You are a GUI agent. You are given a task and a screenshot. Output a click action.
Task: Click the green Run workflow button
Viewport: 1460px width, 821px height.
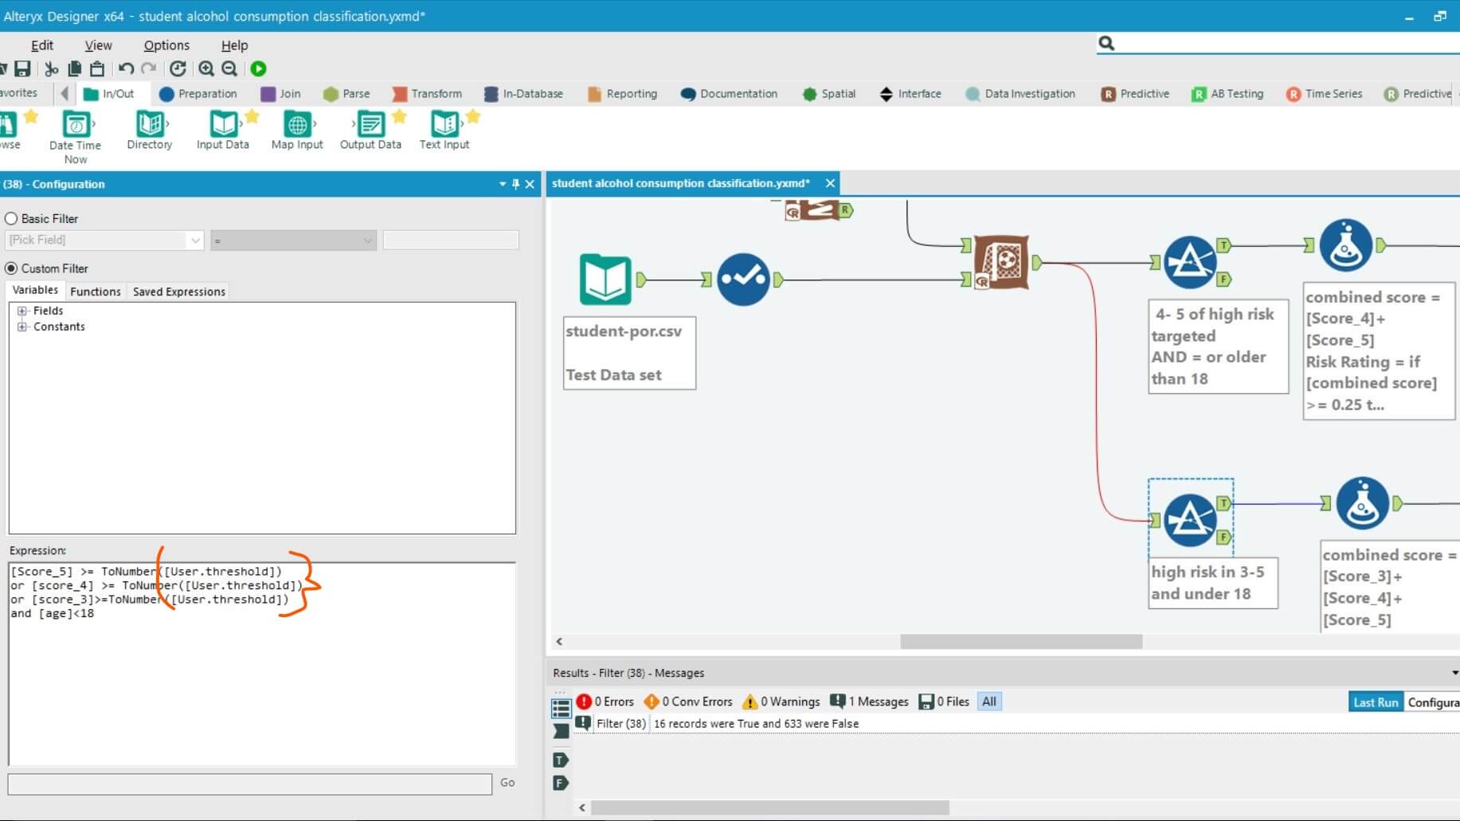tap(258, 69)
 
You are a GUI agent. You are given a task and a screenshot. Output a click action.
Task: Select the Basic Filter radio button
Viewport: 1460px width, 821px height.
tap(11, 219)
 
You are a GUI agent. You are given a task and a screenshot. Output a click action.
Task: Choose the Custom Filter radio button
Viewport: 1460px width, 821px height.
tap(11, 269)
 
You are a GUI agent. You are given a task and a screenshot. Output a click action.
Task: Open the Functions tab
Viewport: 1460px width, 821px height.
tap(96, 291)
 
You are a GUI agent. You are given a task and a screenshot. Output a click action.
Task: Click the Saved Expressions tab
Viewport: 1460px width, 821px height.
tap(178, 291)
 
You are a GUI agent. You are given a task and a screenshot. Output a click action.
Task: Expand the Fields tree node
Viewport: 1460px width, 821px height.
tap(22, 311)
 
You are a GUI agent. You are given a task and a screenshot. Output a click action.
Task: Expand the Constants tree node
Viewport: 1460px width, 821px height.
tap(22, 327)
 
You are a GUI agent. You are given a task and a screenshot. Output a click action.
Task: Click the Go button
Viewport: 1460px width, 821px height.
tap(507, 783)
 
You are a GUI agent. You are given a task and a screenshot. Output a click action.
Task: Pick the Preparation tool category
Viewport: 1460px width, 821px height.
tap(198, 94)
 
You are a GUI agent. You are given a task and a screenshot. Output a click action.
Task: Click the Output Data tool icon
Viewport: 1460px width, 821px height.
tap(370, 125)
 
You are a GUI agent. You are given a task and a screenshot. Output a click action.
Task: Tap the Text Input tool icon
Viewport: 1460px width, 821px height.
tap(444, 125)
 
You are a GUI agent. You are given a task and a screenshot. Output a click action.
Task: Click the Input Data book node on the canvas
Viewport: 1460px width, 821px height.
tap(605, 280)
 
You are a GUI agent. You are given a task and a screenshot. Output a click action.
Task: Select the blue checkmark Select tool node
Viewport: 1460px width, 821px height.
tap(742, 280)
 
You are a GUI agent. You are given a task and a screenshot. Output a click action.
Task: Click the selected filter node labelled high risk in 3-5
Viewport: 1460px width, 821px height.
tap(1189, 520)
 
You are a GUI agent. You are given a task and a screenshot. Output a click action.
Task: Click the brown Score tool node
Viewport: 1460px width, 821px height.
tap(1001, 262)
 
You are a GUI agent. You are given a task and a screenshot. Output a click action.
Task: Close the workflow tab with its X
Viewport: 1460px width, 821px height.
tap(830, 184)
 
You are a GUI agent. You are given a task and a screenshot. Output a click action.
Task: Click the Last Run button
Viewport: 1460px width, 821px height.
tap(1375, 702)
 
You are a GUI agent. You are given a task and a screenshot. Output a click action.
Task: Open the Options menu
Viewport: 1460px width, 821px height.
tap(166, 45)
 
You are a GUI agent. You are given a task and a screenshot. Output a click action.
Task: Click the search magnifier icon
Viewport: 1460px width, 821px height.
tap(1106, 43)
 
